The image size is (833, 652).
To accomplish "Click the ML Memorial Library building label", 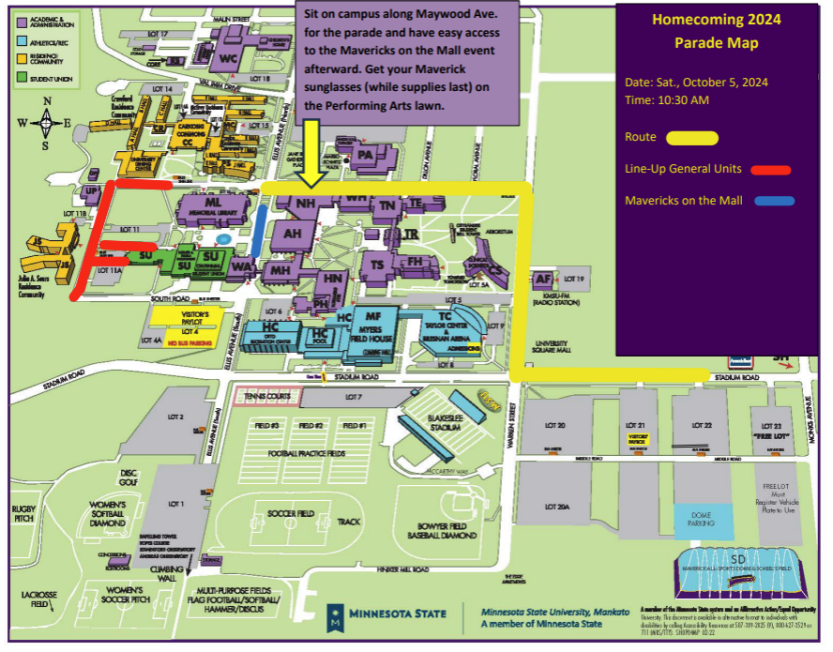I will (x=213, y=204).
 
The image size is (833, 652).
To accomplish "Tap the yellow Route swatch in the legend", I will (x=692, y=138).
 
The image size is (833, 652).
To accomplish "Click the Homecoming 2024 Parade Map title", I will (x=717, y=31).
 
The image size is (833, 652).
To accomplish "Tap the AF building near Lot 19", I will (x=543, y=279).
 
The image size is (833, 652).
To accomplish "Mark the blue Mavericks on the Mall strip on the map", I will (x=259, y=228).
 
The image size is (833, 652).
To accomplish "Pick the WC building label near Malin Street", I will (x=228, y=58).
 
